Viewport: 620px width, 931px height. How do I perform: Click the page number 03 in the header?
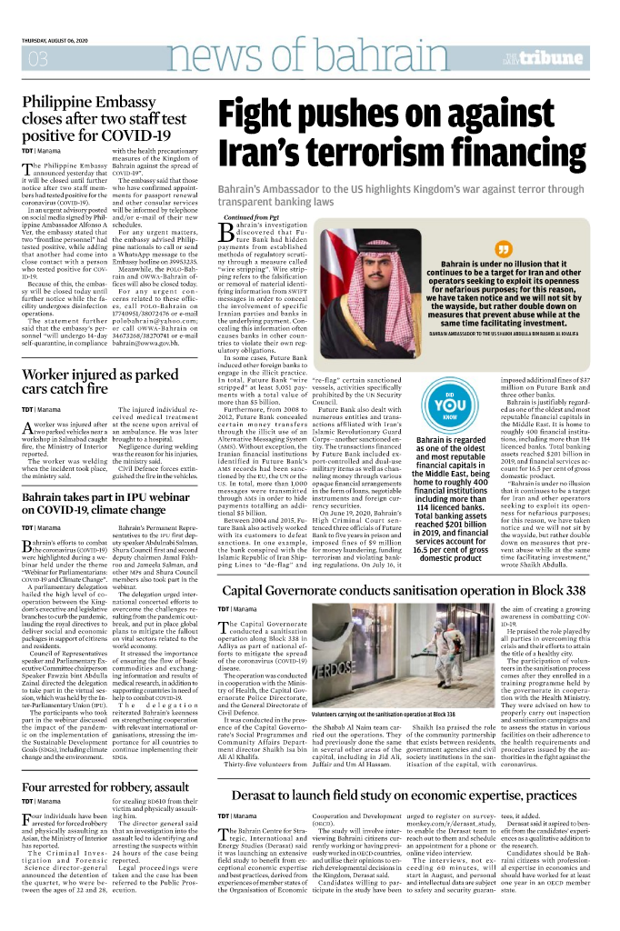coord(38,60)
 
